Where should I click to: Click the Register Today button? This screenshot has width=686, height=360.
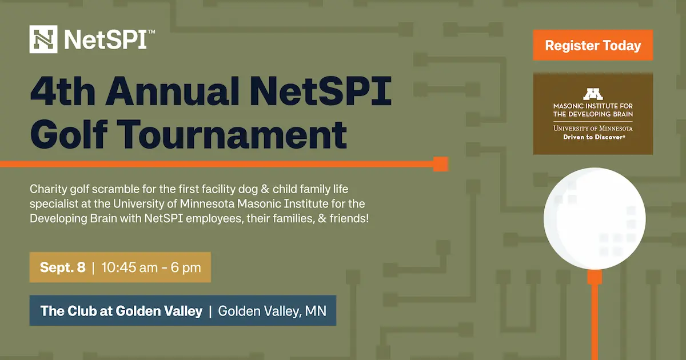pos(593,46)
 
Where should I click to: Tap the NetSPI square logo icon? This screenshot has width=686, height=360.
pos(44,39)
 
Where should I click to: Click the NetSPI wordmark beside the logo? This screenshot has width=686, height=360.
pos(109,39)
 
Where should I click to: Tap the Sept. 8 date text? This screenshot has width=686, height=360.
pos(62,267)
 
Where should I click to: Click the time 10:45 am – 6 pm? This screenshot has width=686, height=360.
pos(151,267)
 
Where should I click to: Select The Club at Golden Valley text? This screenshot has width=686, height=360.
pos(121,311)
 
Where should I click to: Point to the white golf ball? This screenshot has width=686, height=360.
pos(595,218)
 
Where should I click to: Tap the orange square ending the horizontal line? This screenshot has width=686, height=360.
pos(440,165)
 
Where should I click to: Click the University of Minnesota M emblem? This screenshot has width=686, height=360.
pos(593,94)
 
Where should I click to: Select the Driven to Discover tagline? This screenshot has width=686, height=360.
pos(593,137)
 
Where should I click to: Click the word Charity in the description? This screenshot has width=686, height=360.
pos(49,188)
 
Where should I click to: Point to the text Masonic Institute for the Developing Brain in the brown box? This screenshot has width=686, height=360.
pos(593,110)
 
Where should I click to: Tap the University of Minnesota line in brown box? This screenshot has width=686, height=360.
pos(593,128)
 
